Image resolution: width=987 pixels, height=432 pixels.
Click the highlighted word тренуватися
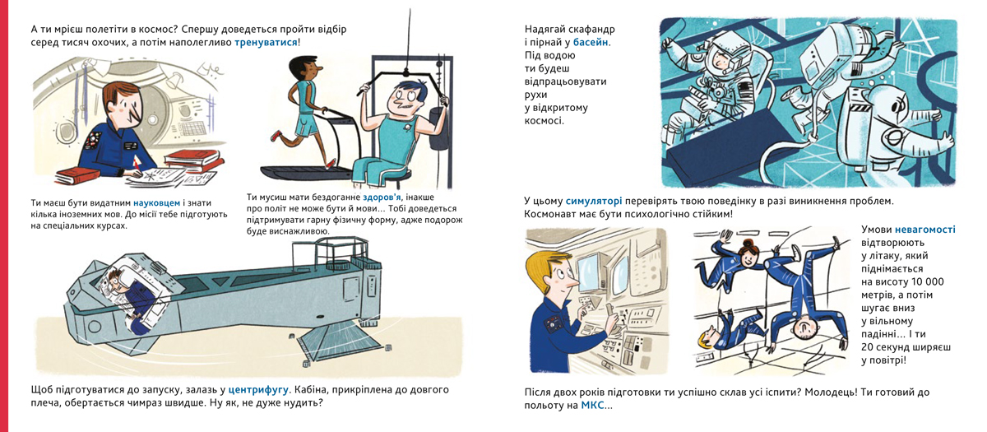(266, 43)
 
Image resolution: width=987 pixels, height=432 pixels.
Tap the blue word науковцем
(157, 203)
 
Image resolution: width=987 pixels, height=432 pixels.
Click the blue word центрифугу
(258, 390)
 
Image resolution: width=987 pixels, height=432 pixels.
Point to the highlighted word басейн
(591, 42)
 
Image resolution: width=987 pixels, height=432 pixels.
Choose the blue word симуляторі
(594, 202)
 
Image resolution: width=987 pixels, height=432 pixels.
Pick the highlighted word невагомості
(924, 230)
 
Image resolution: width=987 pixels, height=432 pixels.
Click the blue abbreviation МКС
(592, 406)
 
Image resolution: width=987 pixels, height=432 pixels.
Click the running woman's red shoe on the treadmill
(276, 135)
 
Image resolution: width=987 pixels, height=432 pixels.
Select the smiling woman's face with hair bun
(747, 256)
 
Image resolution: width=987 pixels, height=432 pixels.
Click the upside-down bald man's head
(804, 328)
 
